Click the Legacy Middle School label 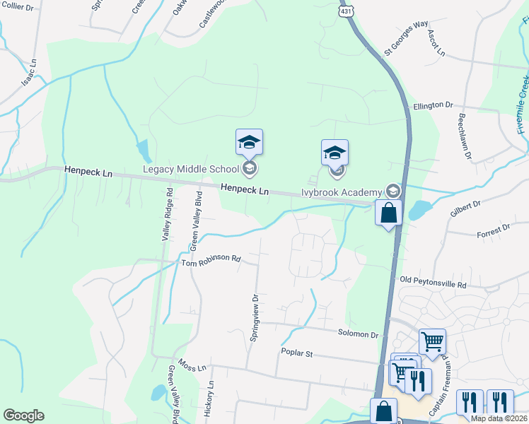tap(191, 168)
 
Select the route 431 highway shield tap(346, 12)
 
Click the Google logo tap(23, 416)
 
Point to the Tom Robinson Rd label tap(211, 260)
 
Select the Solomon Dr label tap(359, 333)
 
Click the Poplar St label tap(297, 353)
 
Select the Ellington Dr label tap(433, 105)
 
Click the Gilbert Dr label tap(465, 208)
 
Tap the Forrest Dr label tap(493, 230)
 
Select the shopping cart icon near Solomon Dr tap(432, 341)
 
